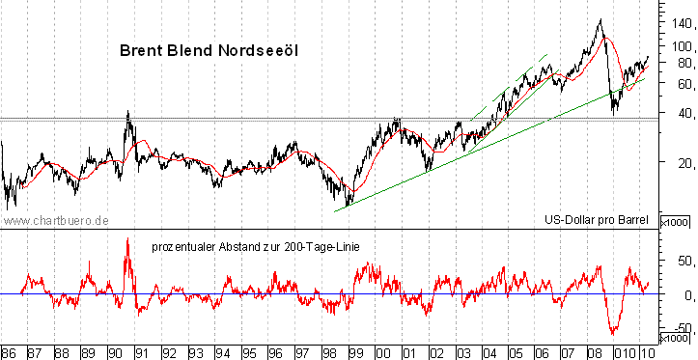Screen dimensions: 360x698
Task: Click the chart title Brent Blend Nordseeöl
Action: pyautogui.click(x=208, y=50)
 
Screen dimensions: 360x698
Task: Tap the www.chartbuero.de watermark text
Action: pyautogui.click(x=55, y=221)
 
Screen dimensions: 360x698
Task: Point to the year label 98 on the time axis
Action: pyautogui.click(x=329, y=351)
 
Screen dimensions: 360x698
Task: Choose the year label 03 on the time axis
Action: pyautogui.click(x=462, y=351)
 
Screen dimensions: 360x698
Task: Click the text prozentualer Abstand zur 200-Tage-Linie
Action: pyautogui.click(x=256, y=247)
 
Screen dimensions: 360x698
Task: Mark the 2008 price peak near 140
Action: pyautogui.click(x=600, y=19)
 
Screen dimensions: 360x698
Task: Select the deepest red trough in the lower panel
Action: pyautogui.click(x=614, y=331)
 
